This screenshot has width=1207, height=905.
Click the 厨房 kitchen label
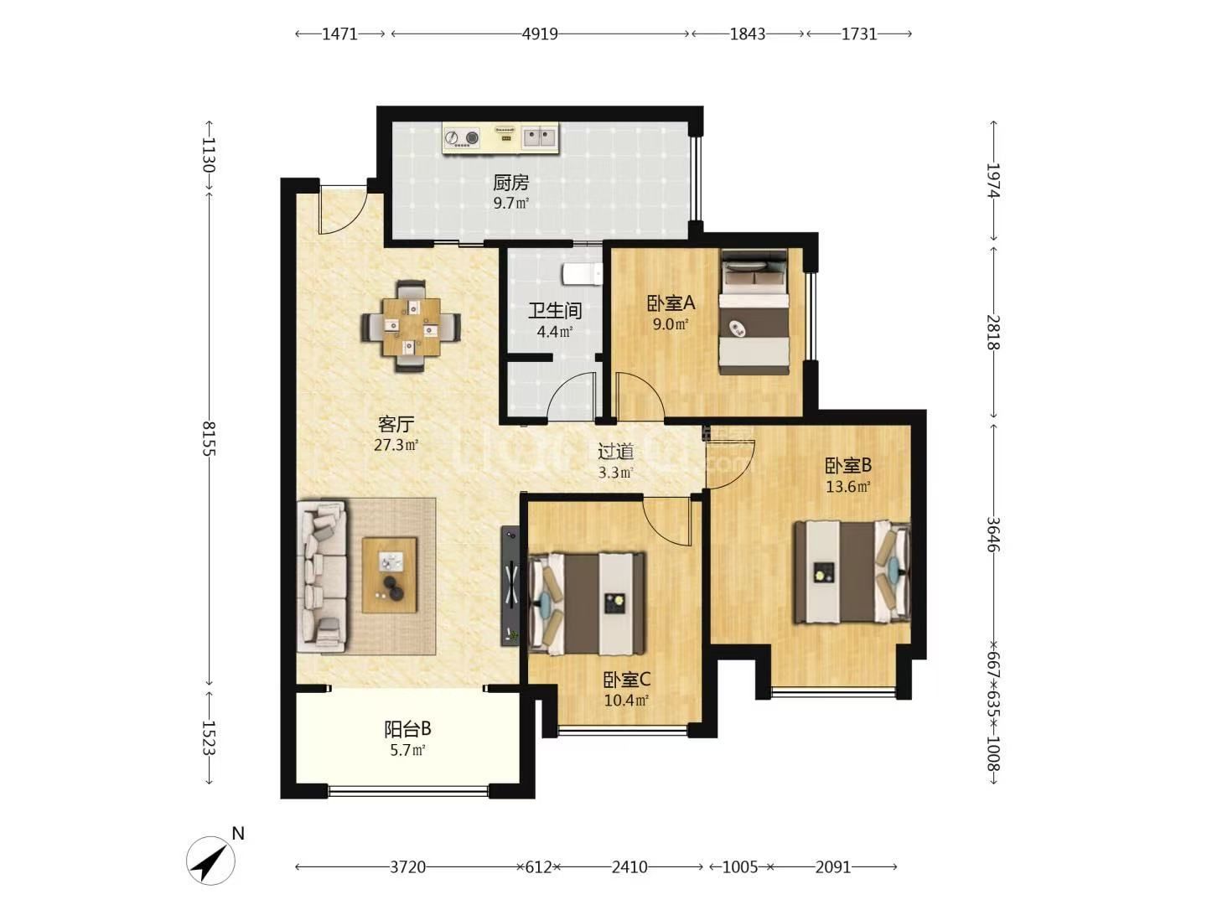tap(510, 183)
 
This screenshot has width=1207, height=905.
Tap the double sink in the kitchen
tap(539, 137)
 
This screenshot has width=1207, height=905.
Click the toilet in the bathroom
tap(582, 274)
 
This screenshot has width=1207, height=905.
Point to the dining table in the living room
tap(411, 327)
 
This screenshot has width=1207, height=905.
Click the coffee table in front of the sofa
tap(389, 575)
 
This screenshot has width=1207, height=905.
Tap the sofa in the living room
tap(322, 576)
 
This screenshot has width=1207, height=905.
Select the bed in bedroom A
tap(754, 312)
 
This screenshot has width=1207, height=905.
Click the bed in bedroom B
tap(852, 572)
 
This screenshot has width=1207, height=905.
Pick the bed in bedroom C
tap(586, 603)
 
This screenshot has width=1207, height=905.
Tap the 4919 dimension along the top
tap(540, 34)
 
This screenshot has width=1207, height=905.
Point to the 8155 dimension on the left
tap(209, 438)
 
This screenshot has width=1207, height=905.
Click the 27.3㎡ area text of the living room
tap(396, 444)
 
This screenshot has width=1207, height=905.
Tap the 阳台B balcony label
tap(407, 729)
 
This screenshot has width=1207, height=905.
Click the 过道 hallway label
tap(616, 452)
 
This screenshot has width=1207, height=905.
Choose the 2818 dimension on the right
tap(992, 332)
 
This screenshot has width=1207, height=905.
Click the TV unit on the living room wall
tap(510, 586)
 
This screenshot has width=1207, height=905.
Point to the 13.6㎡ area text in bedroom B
tap(848, 486)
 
